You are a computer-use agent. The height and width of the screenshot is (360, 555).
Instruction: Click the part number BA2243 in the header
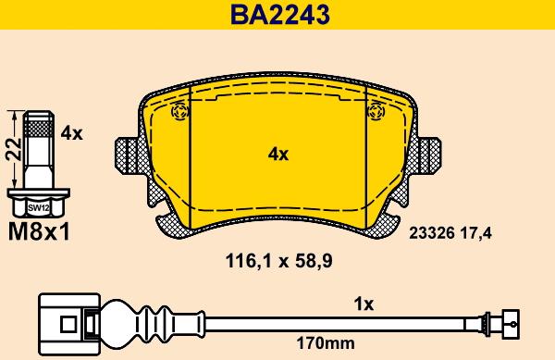277,15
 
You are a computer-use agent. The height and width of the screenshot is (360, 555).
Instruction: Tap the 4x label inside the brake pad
277,154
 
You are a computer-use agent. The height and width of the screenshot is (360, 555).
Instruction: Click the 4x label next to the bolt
71,133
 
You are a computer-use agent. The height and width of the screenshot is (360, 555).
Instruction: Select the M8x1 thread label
39,232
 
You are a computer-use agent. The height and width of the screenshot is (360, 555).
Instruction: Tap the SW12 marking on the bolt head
39,208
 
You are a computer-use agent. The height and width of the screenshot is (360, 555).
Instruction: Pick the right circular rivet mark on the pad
376,112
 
